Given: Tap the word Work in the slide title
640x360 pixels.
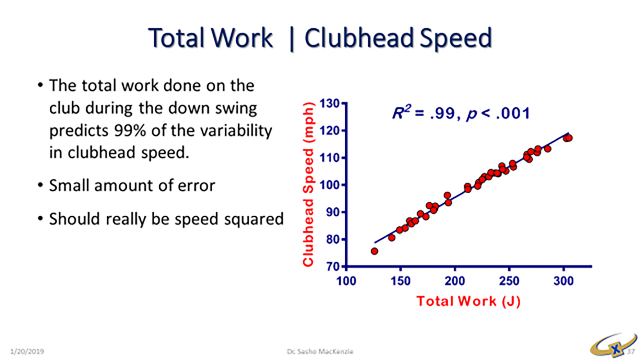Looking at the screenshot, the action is (x=242, y=38).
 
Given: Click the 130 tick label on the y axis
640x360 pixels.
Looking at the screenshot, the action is (x=330, y=103).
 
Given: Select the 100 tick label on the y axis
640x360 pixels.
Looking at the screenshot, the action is (x=330, y=185).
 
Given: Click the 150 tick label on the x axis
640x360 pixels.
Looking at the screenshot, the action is (x=400, y=281).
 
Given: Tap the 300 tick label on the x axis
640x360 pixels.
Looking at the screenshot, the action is (x=563, y=281).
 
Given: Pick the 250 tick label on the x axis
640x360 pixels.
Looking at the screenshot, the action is (x=509, y=281).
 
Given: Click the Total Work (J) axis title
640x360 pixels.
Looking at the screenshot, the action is (x=468, y=301).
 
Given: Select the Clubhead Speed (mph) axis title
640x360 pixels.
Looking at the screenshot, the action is (x=309, y=184).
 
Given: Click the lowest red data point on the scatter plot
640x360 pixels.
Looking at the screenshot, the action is (x=374, y=251).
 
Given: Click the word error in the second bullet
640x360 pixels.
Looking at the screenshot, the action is (x=198, y=186).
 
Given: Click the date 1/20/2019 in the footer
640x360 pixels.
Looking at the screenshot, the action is (x=27, y=351).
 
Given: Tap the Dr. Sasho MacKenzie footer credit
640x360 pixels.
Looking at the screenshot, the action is (x=320, y=351).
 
